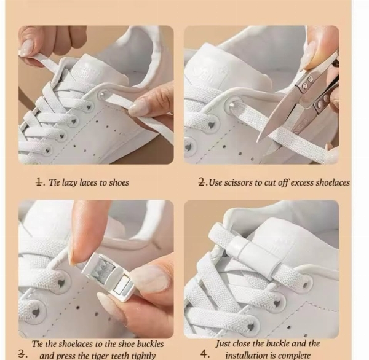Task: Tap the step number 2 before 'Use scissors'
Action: [202, 182]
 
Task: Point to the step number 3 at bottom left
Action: [22, 354]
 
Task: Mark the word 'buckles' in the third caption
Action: [150, 344]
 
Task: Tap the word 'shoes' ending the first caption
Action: [117, 182]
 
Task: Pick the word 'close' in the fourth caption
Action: [241, 344]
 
